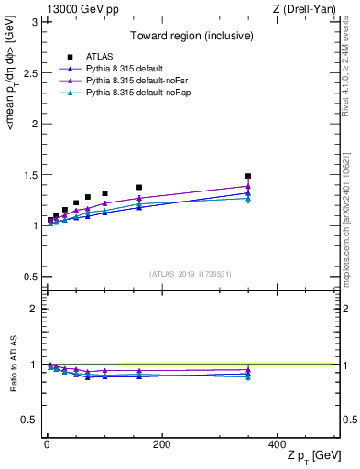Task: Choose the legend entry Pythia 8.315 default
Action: (x=119, y=69)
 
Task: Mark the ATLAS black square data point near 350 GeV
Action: (x=248, y=176)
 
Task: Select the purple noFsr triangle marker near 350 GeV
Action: (x=248, y=186)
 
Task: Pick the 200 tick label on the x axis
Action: (x=161, y=444)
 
